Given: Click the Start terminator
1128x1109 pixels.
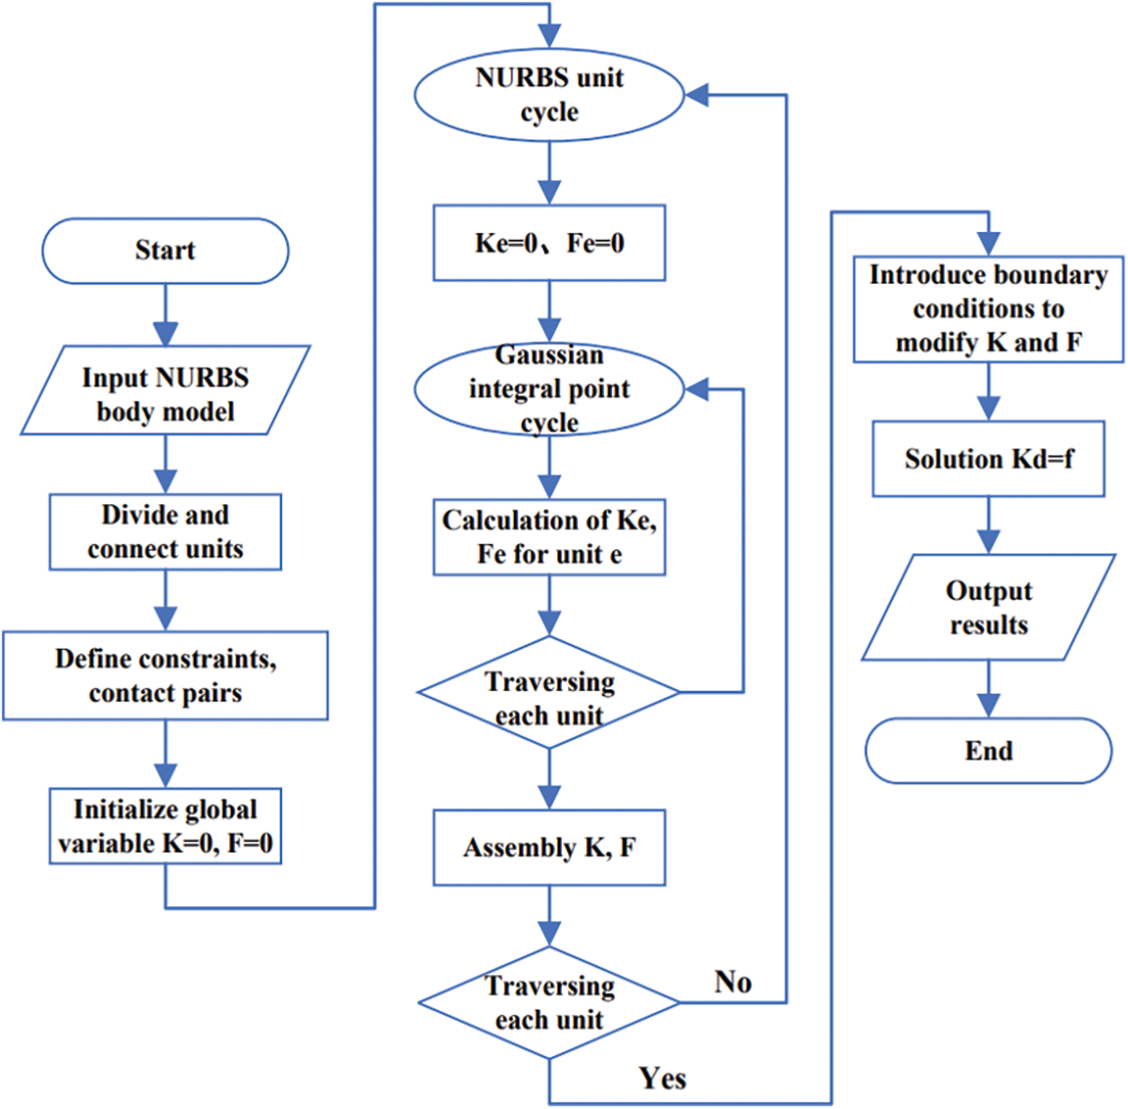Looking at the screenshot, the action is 165,252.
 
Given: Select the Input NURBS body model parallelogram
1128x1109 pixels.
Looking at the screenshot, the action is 165,391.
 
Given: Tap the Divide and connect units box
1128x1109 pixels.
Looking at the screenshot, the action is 165,532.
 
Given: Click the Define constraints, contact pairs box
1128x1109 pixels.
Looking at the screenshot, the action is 165,676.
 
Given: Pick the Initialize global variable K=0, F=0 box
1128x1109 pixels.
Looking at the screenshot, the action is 165,826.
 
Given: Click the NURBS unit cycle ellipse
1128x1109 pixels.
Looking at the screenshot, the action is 549,95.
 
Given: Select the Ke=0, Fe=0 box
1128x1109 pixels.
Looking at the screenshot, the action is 549,243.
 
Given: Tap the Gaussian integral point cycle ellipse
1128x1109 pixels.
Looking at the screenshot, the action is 549,389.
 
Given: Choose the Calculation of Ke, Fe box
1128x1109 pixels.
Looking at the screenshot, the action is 549,537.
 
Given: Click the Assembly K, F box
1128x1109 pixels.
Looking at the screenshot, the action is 549,847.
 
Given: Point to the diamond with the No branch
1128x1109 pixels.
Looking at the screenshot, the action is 549,1003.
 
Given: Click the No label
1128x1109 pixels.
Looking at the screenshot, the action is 733,982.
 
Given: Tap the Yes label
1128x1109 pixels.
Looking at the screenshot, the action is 662,1078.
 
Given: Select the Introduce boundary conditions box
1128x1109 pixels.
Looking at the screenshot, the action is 988,309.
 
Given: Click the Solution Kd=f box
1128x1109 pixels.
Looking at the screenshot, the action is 988,459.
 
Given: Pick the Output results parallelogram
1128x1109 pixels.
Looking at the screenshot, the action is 988,608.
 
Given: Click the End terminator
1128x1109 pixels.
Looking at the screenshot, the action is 988,750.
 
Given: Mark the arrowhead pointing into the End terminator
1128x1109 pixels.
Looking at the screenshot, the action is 988,706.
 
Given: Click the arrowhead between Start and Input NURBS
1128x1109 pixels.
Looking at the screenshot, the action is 165,334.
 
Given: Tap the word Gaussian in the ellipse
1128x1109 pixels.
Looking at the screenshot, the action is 549,355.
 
